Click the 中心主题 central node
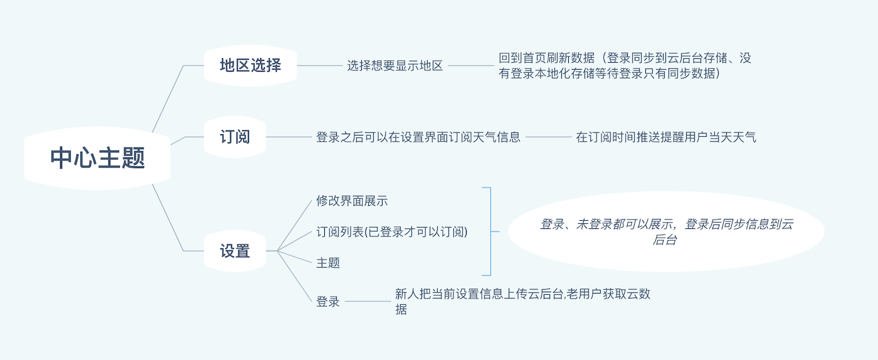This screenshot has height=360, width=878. (97, 158)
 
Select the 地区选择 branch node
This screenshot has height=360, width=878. (250, 65)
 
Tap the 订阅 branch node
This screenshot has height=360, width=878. (235, 137)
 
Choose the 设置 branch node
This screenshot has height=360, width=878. (235, 251)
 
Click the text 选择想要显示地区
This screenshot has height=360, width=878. (395, 66)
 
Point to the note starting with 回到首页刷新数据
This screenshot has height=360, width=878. (625, 66)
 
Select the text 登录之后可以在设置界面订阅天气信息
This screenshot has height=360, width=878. (418, 137)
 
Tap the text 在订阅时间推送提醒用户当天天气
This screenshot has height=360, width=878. (666, 137)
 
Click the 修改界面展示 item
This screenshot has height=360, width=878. (352, 201)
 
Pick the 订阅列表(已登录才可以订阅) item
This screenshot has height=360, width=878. (392, 232)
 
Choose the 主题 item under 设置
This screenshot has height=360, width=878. (328, 263)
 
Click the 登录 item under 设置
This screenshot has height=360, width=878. (328, 302)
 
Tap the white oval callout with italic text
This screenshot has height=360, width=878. (666, 231)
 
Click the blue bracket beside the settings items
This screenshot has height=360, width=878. (489, 231)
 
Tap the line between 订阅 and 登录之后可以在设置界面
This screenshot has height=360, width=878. (288, 137)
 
